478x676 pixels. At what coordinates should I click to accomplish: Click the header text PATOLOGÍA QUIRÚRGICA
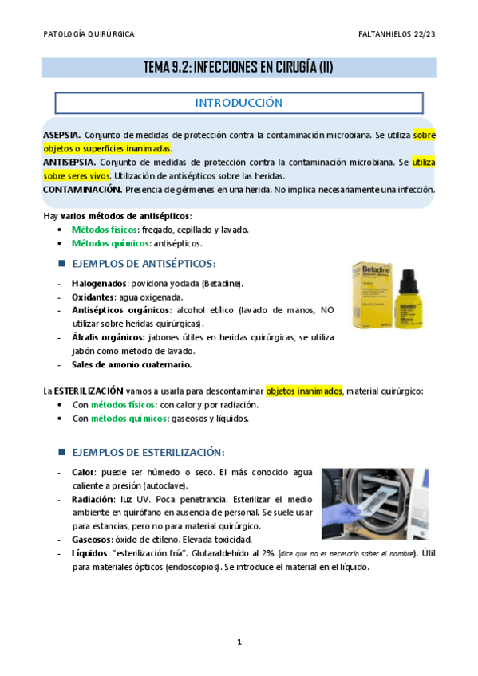[88, 34]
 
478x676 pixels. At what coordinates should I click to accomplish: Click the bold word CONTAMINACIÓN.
[82, 190]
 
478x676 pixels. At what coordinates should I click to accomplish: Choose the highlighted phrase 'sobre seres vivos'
[77, 176]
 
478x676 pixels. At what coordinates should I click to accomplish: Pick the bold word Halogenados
[97, 283]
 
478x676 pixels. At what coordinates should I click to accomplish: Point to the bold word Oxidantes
[92, 297]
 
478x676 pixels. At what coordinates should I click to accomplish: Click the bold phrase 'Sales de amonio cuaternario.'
[131, 364]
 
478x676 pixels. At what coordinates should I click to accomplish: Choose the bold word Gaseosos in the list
[92, 540]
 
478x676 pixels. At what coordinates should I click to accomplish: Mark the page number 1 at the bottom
[239, 642]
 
